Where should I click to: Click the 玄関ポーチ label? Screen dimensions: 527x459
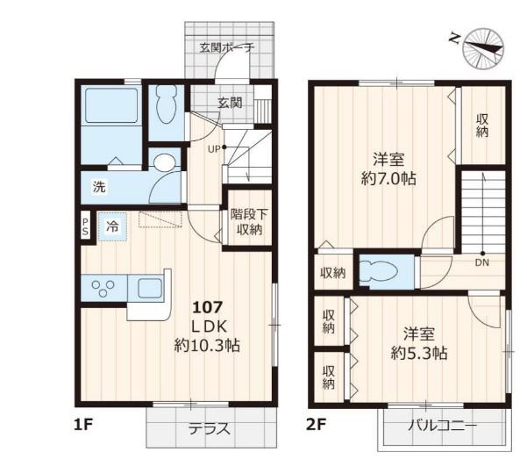tap(227, 47)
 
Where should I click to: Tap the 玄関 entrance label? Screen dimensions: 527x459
tap(230, 103)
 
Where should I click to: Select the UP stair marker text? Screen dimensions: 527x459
tap(214, 149)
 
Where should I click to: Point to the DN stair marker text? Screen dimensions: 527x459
tap(482, 262)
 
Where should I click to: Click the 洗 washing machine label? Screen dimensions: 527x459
tap(99, 186)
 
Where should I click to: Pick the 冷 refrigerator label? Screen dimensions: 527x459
tap(112, 226)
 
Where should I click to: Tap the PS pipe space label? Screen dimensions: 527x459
tap(85, 226)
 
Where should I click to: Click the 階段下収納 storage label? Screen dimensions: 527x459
tap(249, 222)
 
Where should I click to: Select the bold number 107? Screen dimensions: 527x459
tap(207, 307)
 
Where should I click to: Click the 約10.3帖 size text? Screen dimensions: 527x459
tap(207, 345)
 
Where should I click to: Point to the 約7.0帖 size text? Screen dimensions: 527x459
tap(388, 178)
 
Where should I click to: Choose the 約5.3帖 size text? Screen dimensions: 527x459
tap(419, 353)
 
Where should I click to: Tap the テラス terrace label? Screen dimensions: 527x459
tap(209, 429)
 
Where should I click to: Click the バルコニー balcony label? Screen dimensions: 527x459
tap(442, 426)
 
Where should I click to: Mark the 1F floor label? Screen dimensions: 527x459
tap(83, 425)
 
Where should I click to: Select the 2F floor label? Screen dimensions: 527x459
tap(316, 425)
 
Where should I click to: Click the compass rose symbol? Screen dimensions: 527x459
tap(483, 49)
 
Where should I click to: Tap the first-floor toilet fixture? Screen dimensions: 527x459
tap(167, 104)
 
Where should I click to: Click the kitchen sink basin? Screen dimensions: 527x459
tap(149, 288)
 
